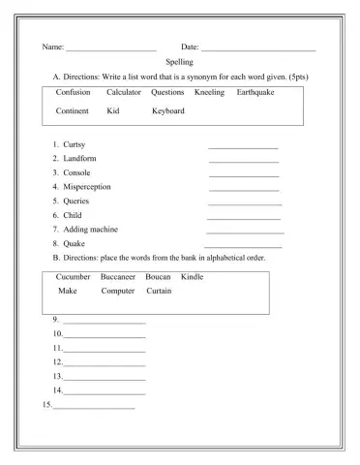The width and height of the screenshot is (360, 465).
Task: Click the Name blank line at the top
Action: click(x=110, y=48)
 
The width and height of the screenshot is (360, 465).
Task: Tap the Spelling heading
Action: click(x=179, y=61)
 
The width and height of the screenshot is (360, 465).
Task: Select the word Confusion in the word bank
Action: click(x=74, y=92)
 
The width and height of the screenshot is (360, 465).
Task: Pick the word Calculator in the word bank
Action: click(x=124, y=92)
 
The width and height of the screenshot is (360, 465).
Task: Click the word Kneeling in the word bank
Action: click(x=209, y=92)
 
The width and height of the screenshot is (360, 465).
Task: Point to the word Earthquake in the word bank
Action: click(x=255, y=92)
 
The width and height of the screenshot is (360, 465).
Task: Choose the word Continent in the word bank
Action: click(x=73, y=110)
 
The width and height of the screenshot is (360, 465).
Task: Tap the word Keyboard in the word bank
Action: click(x=168, y=110)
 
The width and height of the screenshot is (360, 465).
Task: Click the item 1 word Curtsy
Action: click(x=74, y=144)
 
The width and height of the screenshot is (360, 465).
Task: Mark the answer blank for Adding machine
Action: click(x=245, y=232)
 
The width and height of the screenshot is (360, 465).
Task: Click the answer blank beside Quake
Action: click(x=243, y=247)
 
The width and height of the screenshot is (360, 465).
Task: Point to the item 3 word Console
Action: click(x=76, y=172)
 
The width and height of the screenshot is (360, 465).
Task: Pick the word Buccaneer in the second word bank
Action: click(x=118, y=276)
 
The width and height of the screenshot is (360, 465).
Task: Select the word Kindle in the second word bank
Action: click(x=193, y=276)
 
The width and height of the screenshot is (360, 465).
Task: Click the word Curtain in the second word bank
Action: click(x=160, y=291)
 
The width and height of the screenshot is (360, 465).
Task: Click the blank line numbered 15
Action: click(x=93, y=408)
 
